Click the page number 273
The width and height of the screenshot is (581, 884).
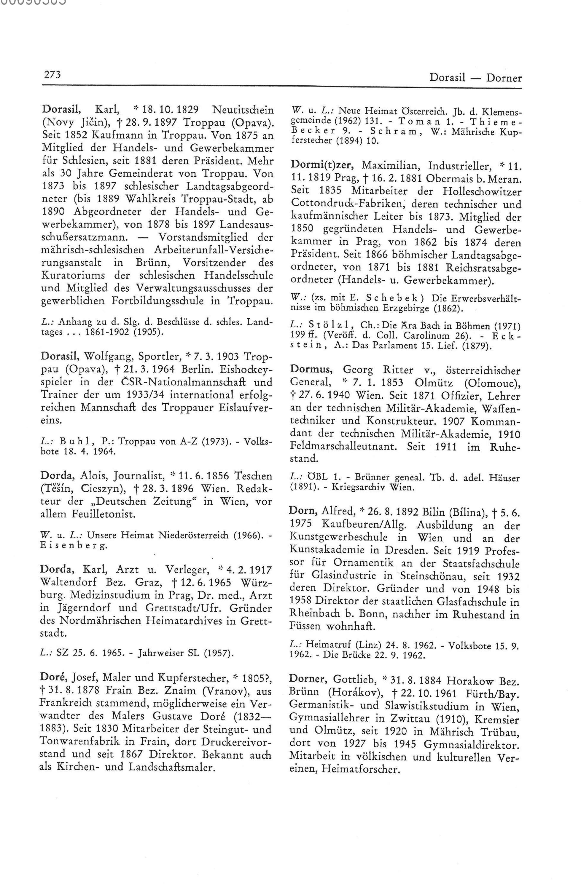52,75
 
